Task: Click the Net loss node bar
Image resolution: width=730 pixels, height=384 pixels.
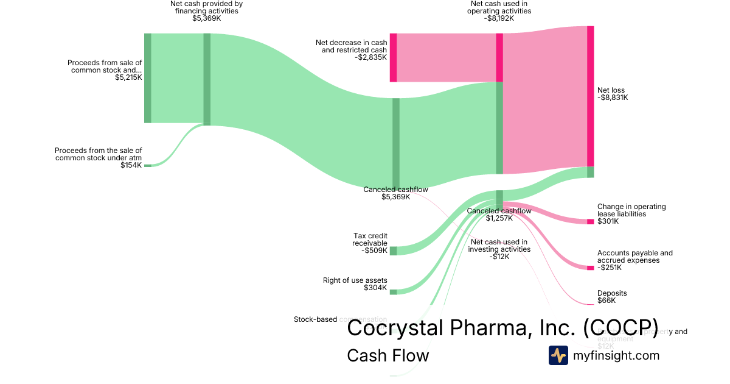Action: pos(590,96)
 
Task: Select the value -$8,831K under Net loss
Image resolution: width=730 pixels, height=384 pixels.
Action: pos(613,98)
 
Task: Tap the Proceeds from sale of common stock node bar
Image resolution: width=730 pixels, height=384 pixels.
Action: pos(147,78)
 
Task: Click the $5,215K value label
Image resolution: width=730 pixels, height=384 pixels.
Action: pos(128,77)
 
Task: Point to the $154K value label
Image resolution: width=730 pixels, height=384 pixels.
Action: pos(131,165)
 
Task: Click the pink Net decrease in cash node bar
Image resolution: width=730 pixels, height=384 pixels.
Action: pos(393,57)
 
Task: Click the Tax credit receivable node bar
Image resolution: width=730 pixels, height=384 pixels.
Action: pos(393,251)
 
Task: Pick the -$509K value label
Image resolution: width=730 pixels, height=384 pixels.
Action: pos(374,251)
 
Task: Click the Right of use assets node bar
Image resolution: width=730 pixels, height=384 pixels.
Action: pos(393,292)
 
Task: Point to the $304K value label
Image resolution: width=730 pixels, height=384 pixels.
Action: pos(375,288)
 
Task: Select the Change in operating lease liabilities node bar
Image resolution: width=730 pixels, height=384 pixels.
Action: pos(590,221)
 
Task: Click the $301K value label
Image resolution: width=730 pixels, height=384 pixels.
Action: pos(608,221)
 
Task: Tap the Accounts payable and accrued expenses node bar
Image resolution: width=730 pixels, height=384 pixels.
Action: pos(590,268)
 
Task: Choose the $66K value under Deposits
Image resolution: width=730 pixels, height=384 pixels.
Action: pos(607,300)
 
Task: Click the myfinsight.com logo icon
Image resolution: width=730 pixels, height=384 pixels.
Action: pos(558,355)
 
